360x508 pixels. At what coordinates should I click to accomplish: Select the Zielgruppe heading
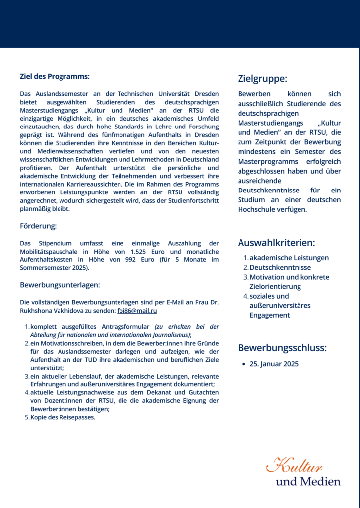(x=262, y=78)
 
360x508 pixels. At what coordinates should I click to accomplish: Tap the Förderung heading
(x=38, y=226)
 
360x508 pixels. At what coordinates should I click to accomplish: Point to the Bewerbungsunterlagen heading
(x=60, y=285)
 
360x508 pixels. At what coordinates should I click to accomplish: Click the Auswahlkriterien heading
(x=276, y=243)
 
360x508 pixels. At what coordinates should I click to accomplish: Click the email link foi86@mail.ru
(x=137, y=311)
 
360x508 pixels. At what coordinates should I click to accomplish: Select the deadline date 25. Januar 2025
(x=274, y=364)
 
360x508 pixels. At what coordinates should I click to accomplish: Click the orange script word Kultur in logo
(x=295, y=466)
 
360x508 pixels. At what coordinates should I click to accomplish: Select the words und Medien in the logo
(x=308, y=482)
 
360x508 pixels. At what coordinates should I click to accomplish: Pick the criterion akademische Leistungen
(x=289, y=258)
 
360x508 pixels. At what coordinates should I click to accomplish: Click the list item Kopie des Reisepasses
(x=62, y=417)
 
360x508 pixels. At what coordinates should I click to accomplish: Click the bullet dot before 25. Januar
(x=243, y=364)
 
